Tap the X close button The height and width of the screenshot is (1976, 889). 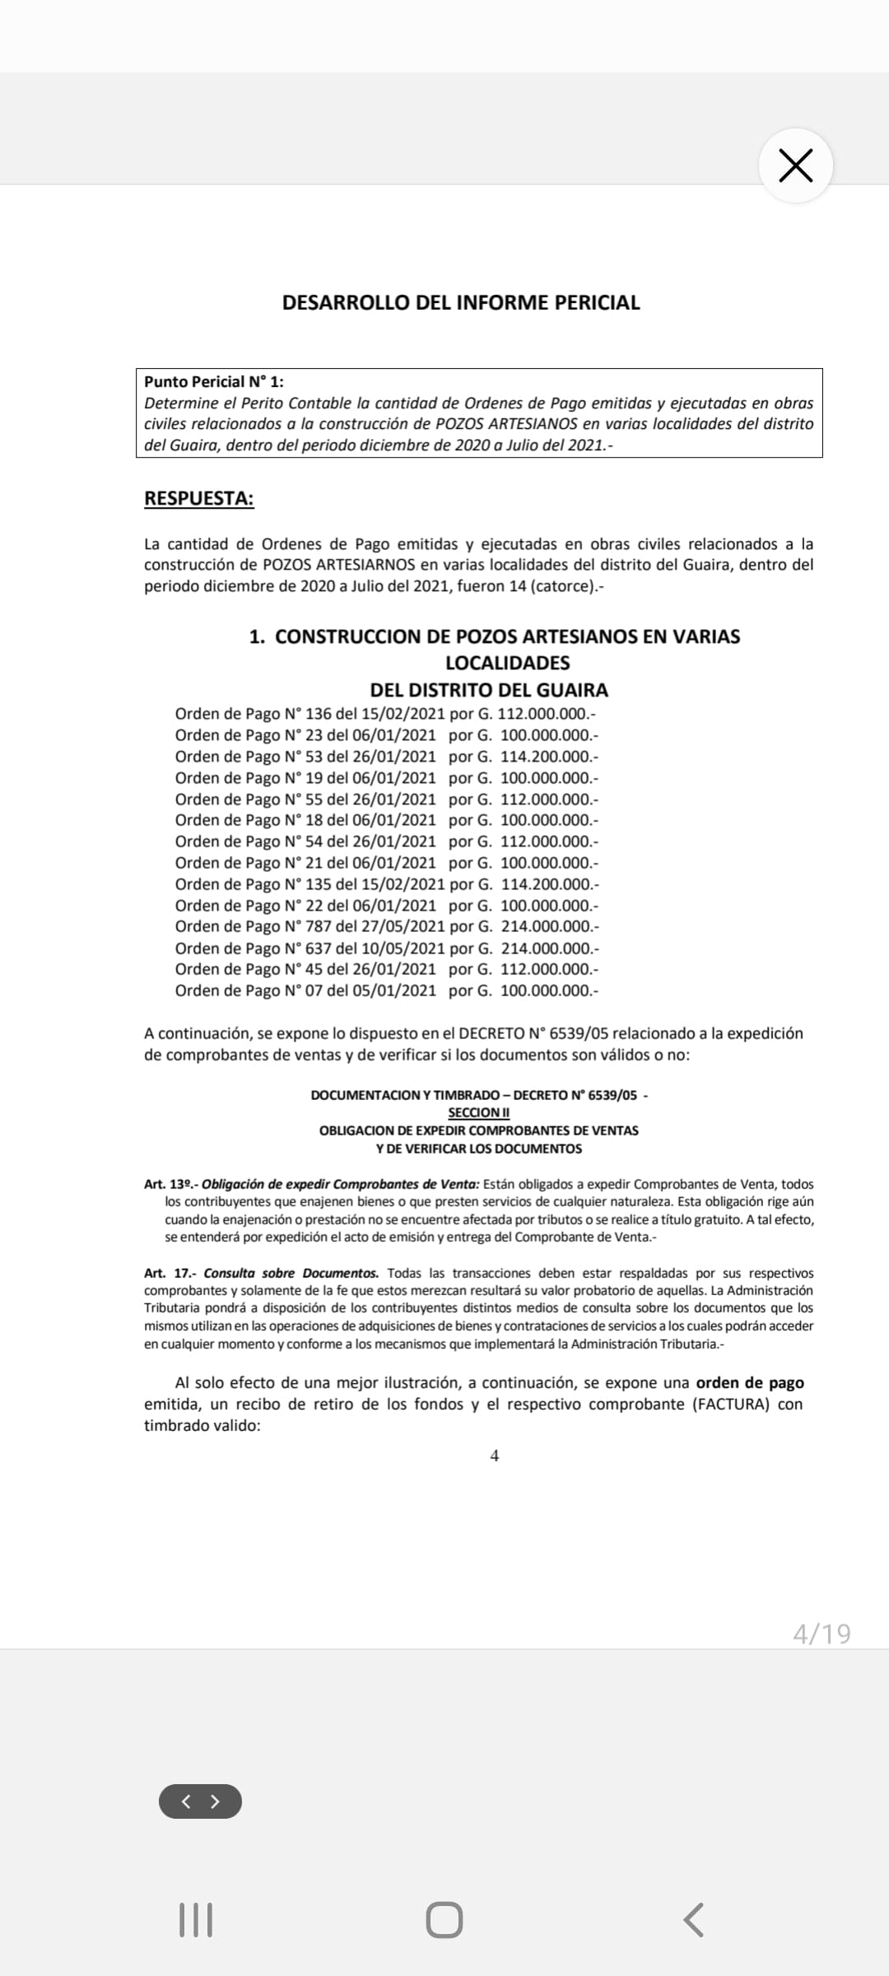pos(795,165)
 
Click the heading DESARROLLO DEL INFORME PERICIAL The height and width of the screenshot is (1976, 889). pos(461,302)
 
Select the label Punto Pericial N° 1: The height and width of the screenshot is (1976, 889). pos(214,381)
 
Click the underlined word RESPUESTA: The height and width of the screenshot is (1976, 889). pos(199,498)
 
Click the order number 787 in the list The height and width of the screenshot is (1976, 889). pos(319,926)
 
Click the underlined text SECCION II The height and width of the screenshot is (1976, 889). pos(479,1112)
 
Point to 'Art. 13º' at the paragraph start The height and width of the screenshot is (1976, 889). pos(169,1184)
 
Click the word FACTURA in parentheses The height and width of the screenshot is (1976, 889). pos(731,1404)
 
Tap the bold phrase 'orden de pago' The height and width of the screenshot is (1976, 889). pos(750,1382)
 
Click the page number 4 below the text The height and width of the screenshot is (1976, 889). pos(495,1456)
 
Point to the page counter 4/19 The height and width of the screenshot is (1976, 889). pos(822,1633)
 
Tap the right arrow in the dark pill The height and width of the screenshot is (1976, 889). pos(216,1801)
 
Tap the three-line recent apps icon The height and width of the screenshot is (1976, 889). pos(196,1919)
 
